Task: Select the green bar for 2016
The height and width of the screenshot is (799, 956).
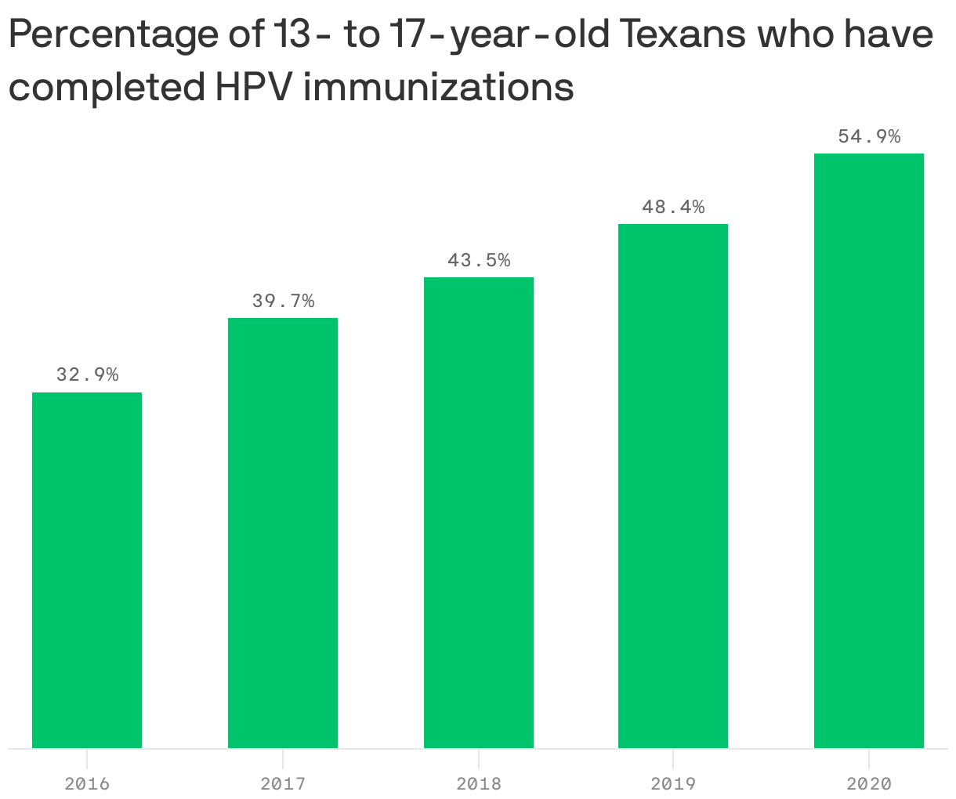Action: click(x=87, y=570)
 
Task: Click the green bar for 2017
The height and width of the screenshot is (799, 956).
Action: click(x=283, y=533)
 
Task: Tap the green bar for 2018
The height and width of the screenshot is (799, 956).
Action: click(x=479, y=512)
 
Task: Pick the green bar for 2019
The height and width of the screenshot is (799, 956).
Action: click(x=673, y=486)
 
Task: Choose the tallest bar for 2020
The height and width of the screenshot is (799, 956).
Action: click(x=869, y=450)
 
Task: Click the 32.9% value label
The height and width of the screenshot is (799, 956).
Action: click(x=87, y=374)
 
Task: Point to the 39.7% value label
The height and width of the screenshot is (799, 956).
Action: click(x=283, y=301)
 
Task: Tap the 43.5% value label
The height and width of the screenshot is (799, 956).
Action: click(x=479, y=260)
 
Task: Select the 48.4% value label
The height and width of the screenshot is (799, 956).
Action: click(x=673, y=207)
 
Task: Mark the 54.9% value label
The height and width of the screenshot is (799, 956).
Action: click(x=869, y=136)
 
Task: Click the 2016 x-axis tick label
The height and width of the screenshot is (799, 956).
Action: click(x=87, y=783)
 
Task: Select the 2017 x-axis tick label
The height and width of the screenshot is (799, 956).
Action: click(x=283, y=783)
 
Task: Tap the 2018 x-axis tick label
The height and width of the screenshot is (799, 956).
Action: click(x=479, y=783)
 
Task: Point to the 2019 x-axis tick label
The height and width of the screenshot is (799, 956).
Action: click(x=673, y=783)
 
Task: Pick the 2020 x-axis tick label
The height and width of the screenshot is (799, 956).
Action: click(x=869, y=783)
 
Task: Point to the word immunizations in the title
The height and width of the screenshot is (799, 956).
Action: click(x=439, y=87)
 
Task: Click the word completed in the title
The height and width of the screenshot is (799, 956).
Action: click(x=106, y=89)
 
